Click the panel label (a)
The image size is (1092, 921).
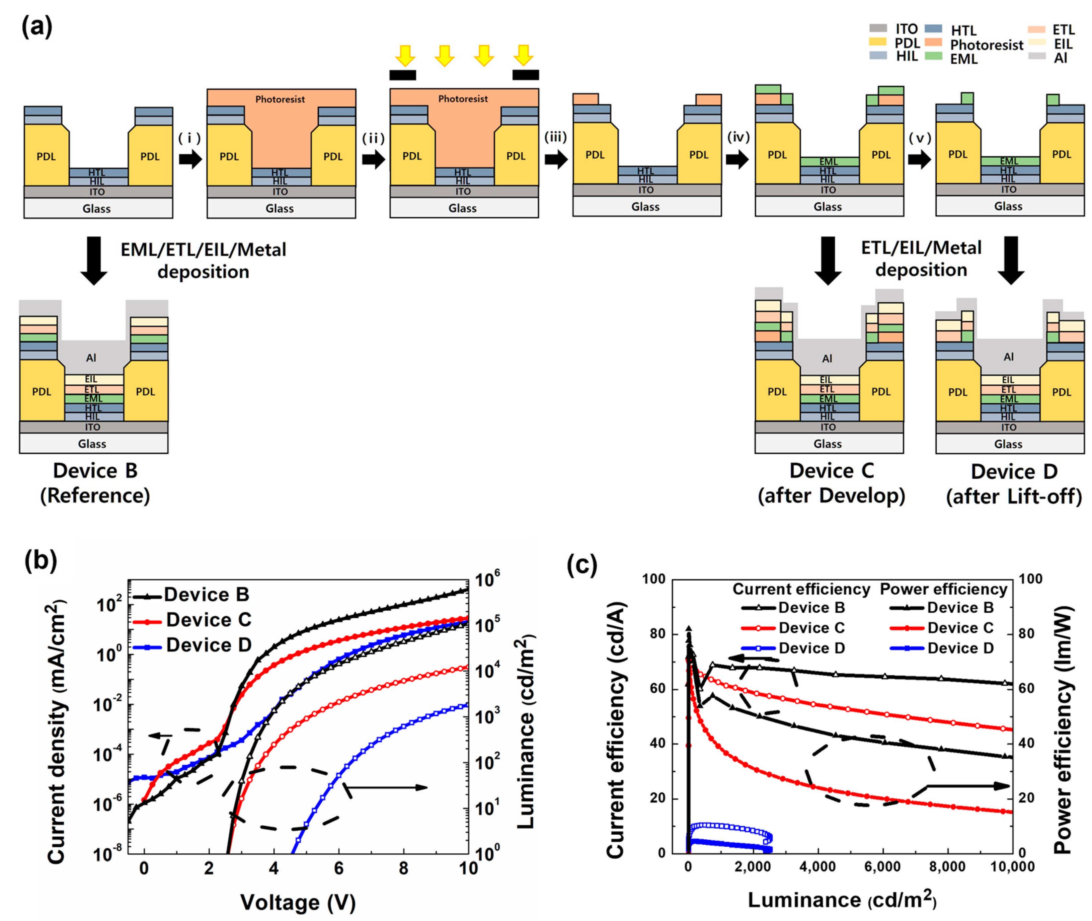coord(36,26)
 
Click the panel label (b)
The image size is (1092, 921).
coord(41,561)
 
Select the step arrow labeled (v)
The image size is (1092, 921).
coord(919,159)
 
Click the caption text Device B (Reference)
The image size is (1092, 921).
coord(95,483)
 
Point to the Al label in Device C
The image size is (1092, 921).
coord(827,359)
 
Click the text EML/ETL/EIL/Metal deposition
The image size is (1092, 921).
coord(203,260)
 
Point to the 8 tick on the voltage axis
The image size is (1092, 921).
coord(403,868)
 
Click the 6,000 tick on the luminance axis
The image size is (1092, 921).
coord(882,867)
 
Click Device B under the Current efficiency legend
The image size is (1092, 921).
coord(811,608)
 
